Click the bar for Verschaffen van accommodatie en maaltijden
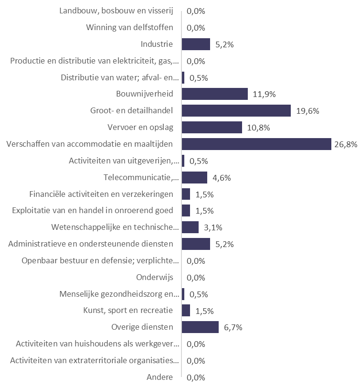click(256, 144)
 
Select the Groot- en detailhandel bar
click(236, 111)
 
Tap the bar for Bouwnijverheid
click(215, 94)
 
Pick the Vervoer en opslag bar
click(212, 128)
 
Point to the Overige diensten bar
click(200, 327)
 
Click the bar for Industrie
click(196, 44)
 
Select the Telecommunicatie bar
click(195, 178)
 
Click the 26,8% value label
click(346, 145)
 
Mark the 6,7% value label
click(233, 328)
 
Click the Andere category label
click(160, 377)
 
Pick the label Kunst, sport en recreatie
click(128, 311)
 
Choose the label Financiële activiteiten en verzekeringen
click(101, 194)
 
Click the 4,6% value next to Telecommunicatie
click(222, 178)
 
